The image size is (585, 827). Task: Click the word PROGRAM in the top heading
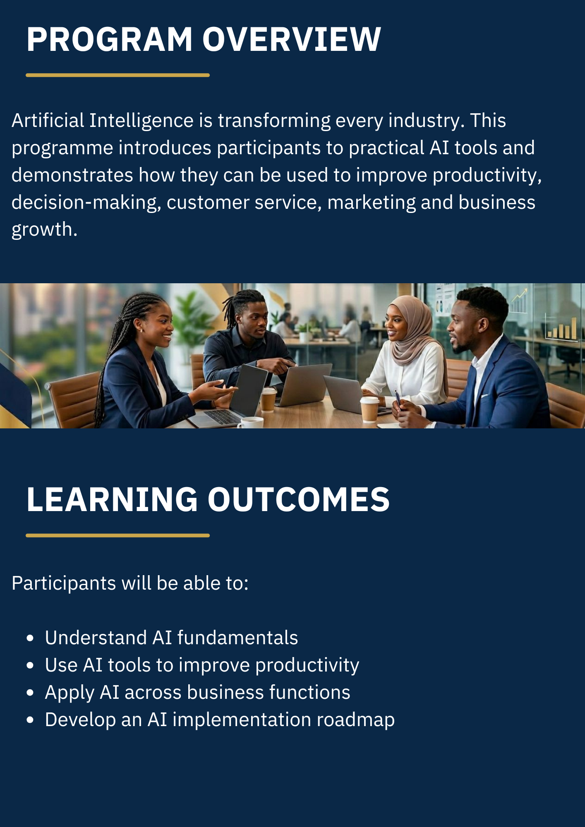(110, 40)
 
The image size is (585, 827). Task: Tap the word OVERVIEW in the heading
(291, 40)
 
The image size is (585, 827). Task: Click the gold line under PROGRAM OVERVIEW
(117, 75)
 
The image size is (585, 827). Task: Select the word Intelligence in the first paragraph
(141, 121)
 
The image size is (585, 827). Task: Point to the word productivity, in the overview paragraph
(487, 176)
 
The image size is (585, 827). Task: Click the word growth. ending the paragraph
(44, 229)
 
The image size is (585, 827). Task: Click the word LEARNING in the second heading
(112, 500)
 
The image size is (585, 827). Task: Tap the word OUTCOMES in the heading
(298, 500)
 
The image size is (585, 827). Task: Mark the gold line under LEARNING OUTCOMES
(117, 535)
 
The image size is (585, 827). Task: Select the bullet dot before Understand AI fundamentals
(30, 638)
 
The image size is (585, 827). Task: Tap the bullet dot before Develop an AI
(30, 720)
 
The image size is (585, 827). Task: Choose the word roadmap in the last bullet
(355, 720)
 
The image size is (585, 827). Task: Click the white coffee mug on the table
(250, 422)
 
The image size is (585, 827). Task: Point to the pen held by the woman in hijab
(398, 399)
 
